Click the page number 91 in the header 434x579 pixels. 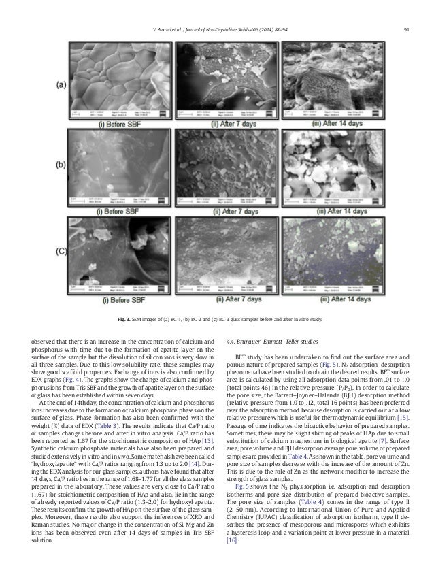coord(405,10)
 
